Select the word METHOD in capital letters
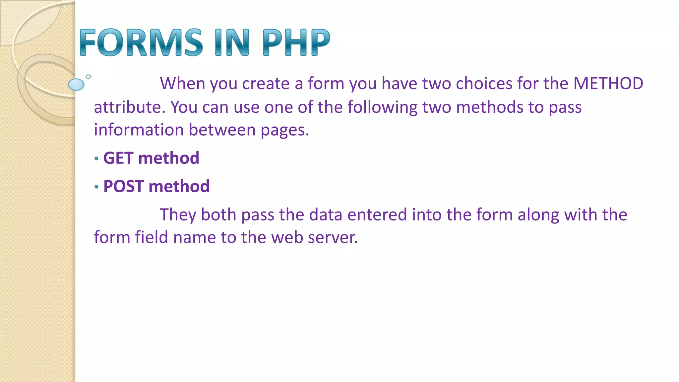coord(608,84)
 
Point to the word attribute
coord(130,107)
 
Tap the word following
coord(382,107)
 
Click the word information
coord(139,130)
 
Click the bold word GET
coord(118,158)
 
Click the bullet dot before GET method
coord(96,159)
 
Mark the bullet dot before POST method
coord(96,187)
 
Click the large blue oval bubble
coord(76,85)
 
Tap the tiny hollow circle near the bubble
coord(88,77)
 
